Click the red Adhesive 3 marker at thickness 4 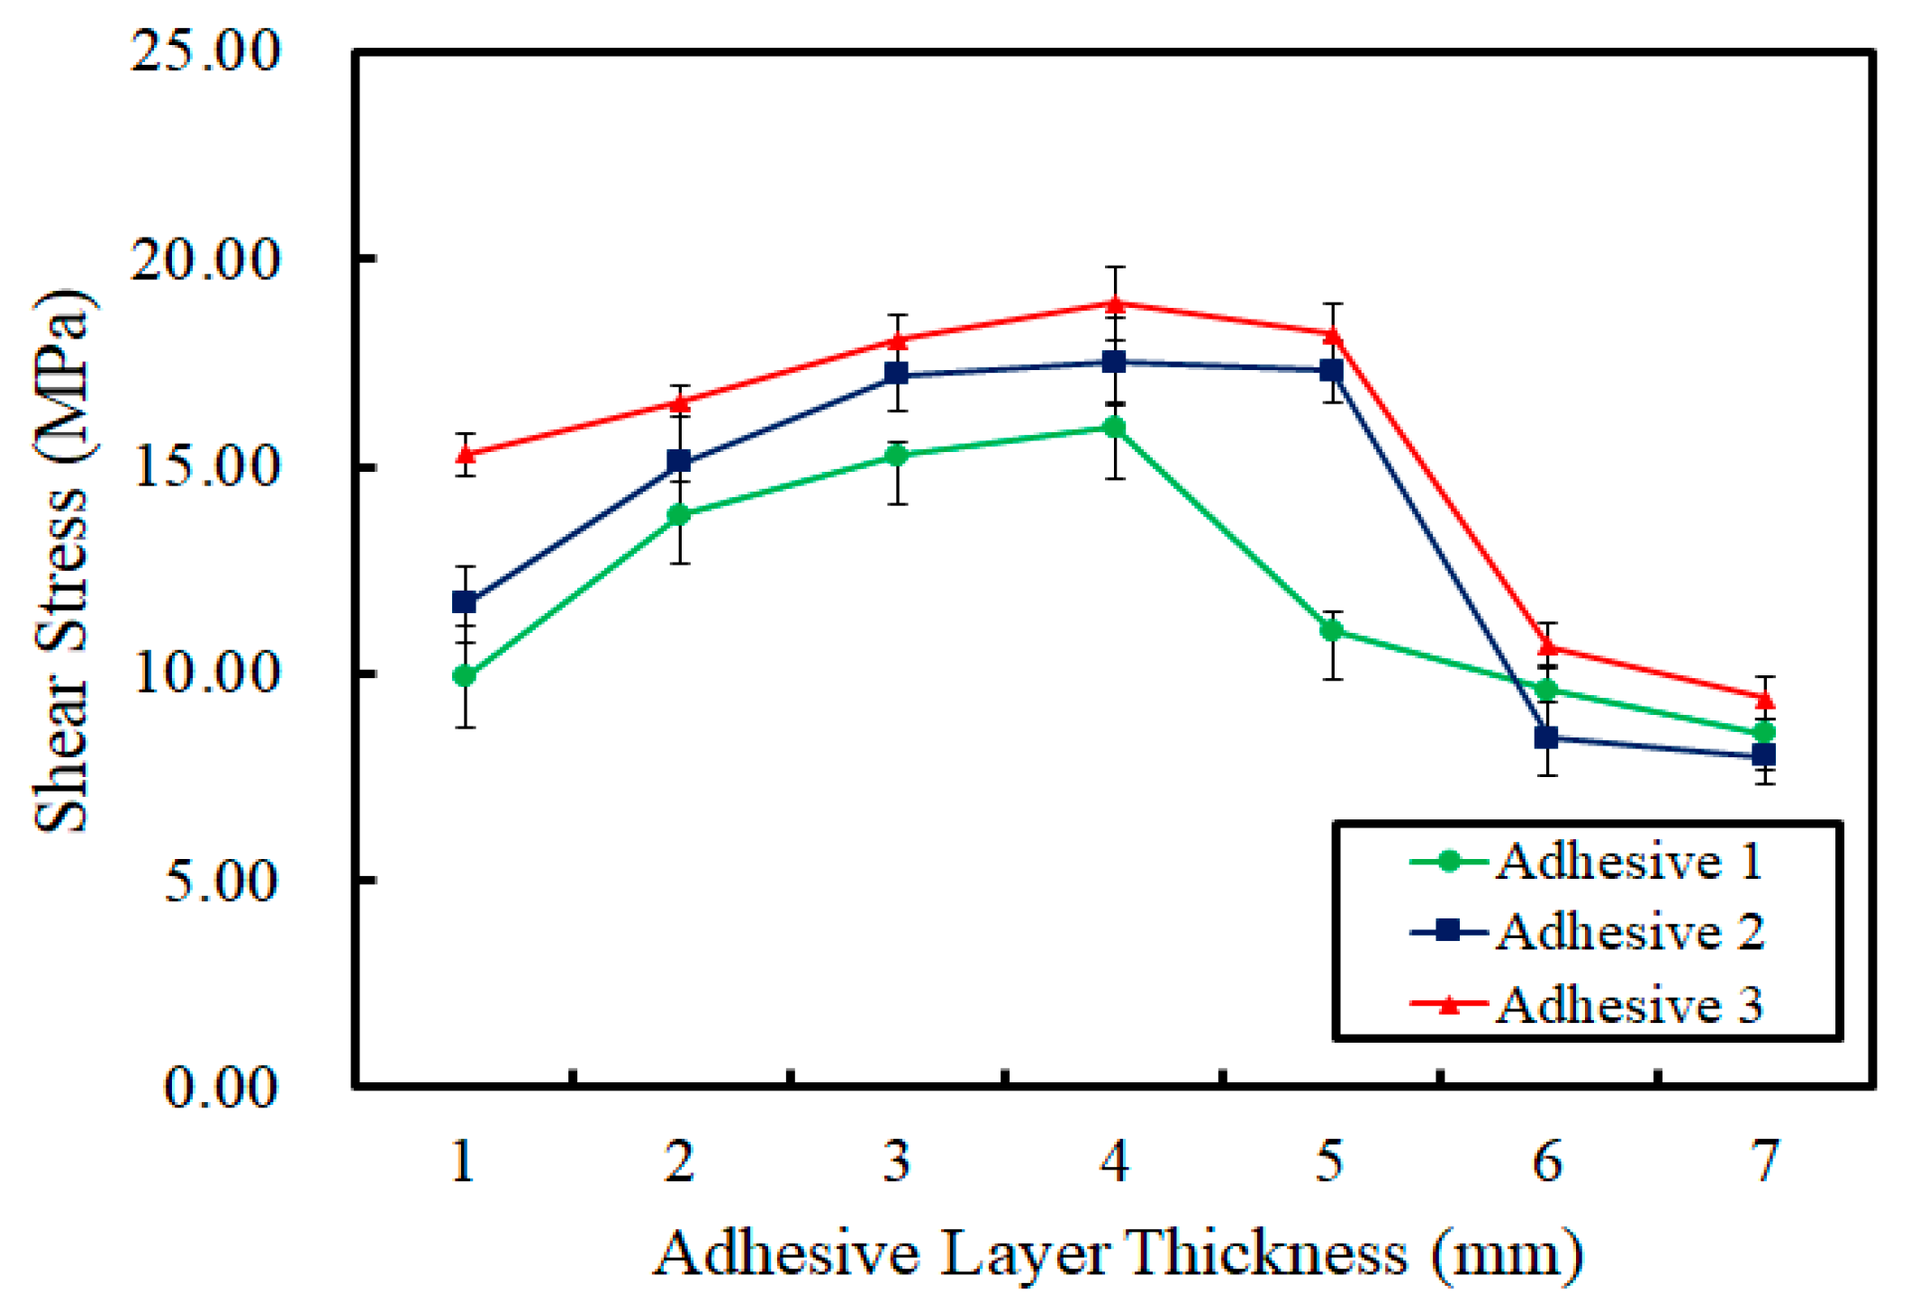(x=1115, y=304)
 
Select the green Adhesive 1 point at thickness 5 (x=1332, y=630)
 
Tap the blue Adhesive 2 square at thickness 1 (x=464, y=601)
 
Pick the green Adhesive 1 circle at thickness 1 (x=464, y=676)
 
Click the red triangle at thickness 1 (x=465, y=454)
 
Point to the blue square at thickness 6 (x=1546, y=737)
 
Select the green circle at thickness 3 (x=897, y=456)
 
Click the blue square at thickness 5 (x=1332, y=370)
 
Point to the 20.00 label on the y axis (x=205, y=260)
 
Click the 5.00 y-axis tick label (x=221, y=882)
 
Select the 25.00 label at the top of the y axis (x=205, y=51)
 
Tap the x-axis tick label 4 (x=1114, y=1162)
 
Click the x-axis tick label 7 (x=1765, y=1162)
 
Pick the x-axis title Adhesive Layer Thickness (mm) (x=1117, y=1253)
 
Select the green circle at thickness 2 (x=679, y=515)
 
